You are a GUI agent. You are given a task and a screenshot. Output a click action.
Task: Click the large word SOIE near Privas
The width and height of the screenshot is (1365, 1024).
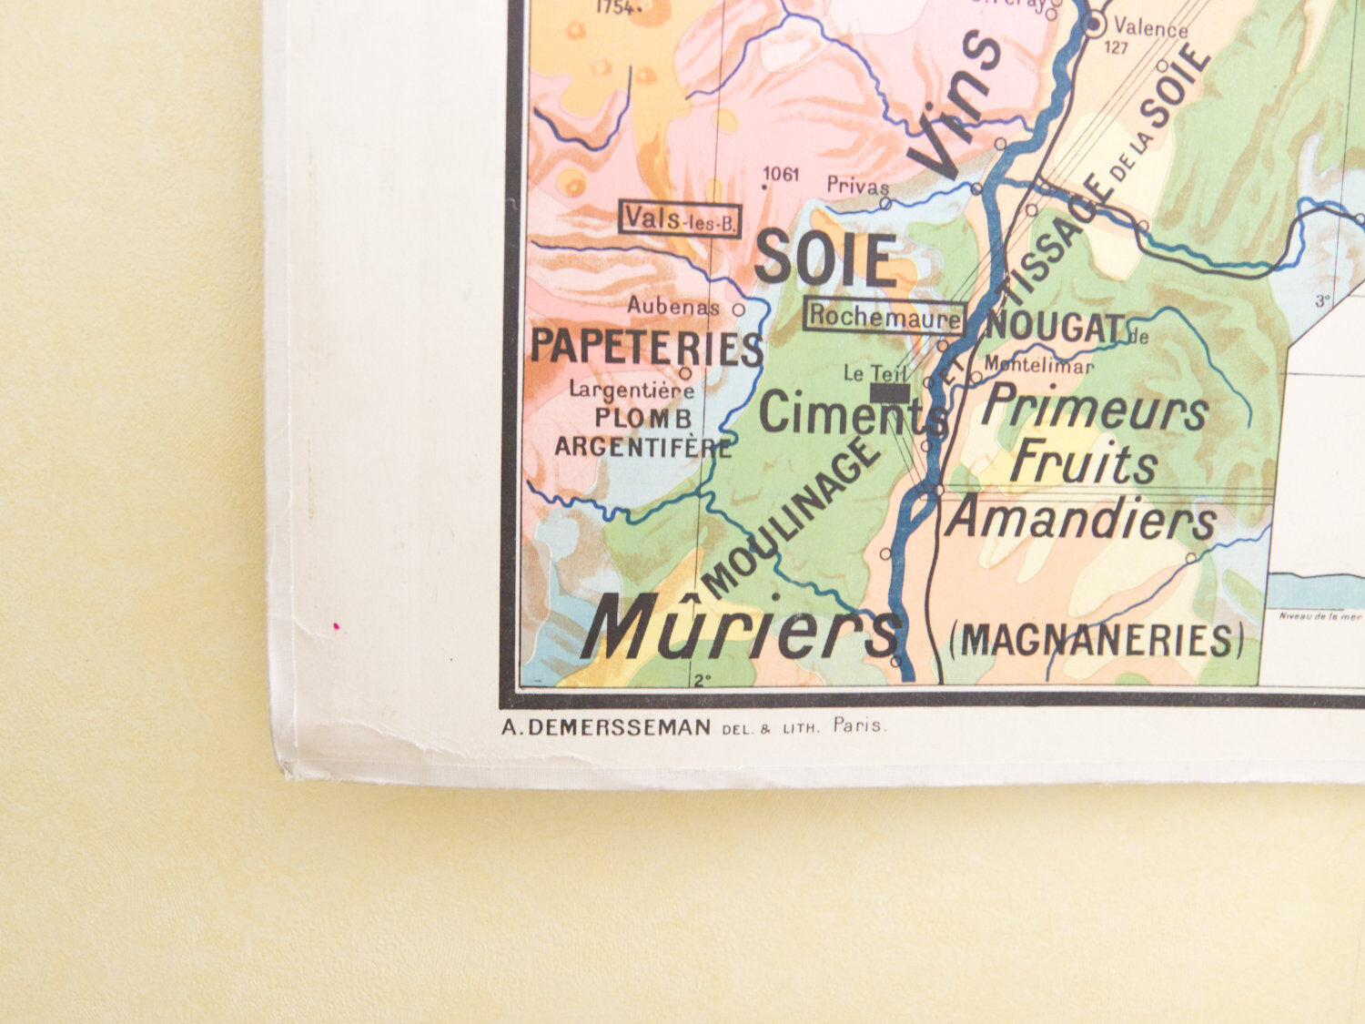coord(825,259)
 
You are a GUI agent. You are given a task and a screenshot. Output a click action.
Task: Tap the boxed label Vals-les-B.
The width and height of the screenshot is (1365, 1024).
coord(680,218)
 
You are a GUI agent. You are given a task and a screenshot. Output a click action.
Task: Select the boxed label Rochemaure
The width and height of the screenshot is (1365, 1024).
coord(885,316)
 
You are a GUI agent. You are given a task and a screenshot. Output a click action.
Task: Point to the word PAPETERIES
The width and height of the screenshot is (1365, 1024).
coord(646,348)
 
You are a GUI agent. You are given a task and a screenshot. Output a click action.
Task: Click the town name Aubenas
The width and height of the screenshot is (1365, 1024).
coord(673,307)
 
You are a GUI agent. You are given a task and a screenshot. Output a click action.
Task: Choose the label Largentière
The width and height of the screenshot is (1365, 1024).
coord(632,390)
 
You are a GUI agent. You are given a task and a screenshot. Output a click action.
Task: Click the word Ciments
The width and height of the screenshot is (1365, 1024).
coord(852,416)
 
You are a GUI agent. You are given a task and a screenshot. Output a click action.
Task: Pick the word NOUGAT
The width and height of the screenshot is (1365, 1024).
coord(1055,328)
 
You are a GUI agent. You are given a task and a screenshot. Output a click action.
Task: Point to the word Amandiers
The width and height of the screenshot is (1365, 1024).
coord(1081,520)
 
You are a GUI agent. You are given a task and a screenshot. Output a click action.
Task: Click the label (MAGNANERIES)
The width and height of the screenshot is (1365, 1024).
coord(1096,641)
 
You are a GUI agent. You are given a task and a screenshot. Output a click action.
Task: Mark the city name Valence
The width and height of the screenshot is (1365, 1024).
coord(1150,29)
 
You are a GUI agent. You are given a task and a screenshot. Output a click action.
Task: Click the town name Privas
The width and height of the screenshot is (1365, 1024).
coord(857,186)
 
